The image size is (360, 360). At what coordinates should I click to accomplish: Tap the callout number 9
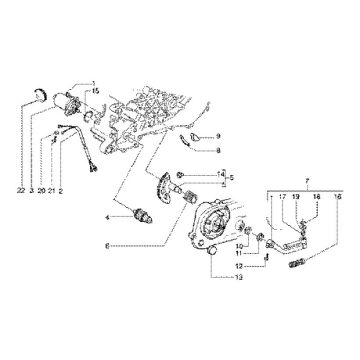[220, 135]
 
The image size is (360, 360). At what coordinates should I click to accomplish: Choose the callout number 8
[220, 150]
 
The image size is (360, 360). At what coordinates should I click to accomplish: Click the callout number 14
[222, 174]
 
